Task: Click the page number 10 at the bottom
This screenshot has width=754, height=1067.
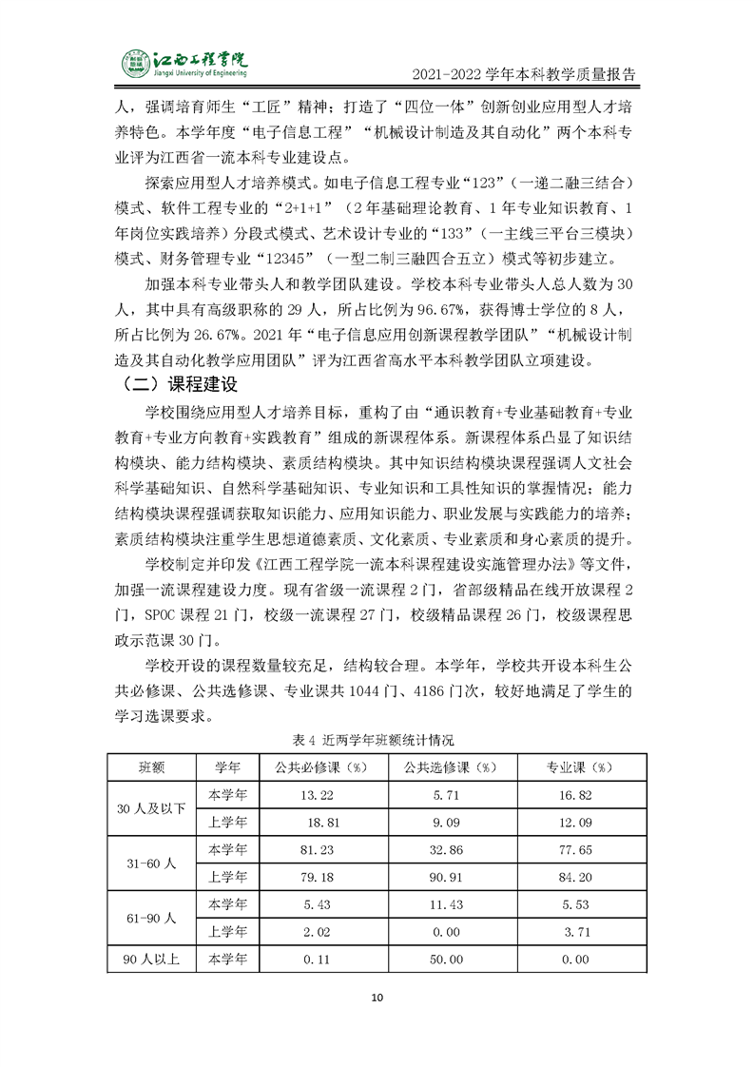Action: coord(377,998)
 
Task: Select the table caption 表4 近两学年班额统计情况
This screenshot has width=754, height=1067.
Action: coord(377,738)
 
